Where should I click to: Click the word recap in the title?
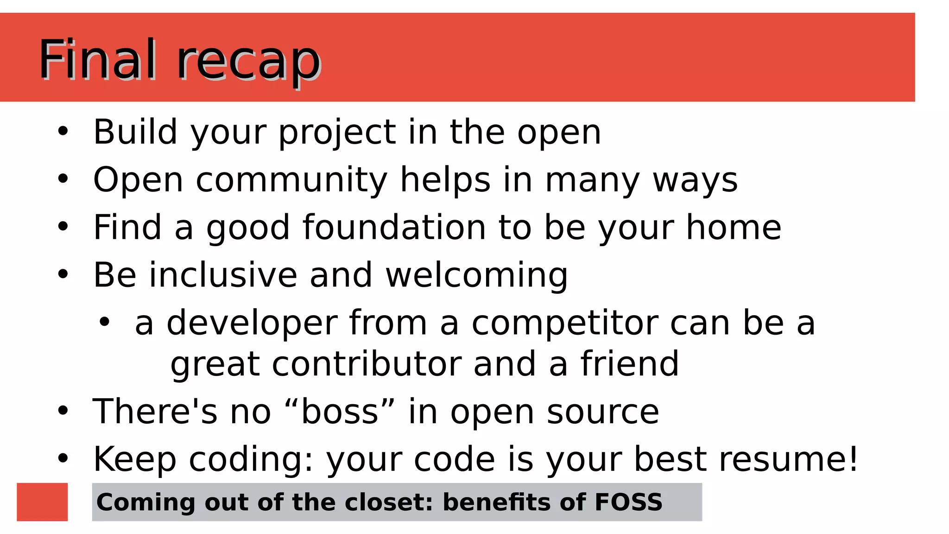[249, 63]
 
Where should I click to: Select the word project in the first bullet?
[337, 133]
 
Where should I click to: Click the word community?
[291, 180]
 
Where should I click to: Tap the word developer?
[252, 324]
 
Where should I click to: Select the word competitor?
[564, 324]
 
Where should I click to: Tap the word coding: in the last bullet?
[251, 460]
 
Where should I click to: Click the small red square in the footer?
[42, 502]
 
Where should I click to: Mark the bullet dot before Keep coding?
[63, 459]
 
